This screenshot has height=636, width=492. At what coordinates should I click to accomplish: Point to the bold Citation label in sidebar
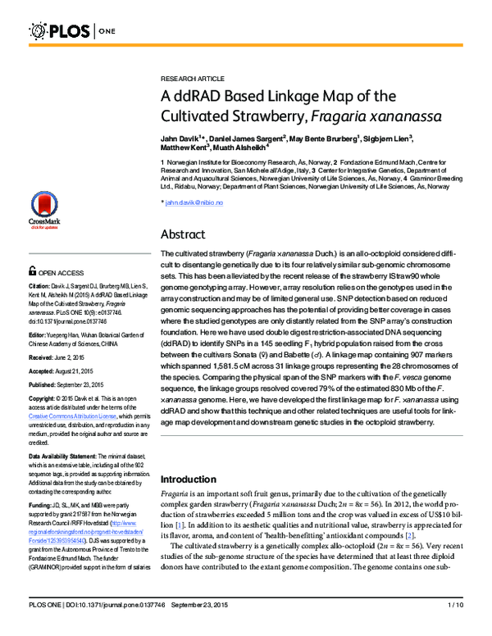[41, 286]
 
